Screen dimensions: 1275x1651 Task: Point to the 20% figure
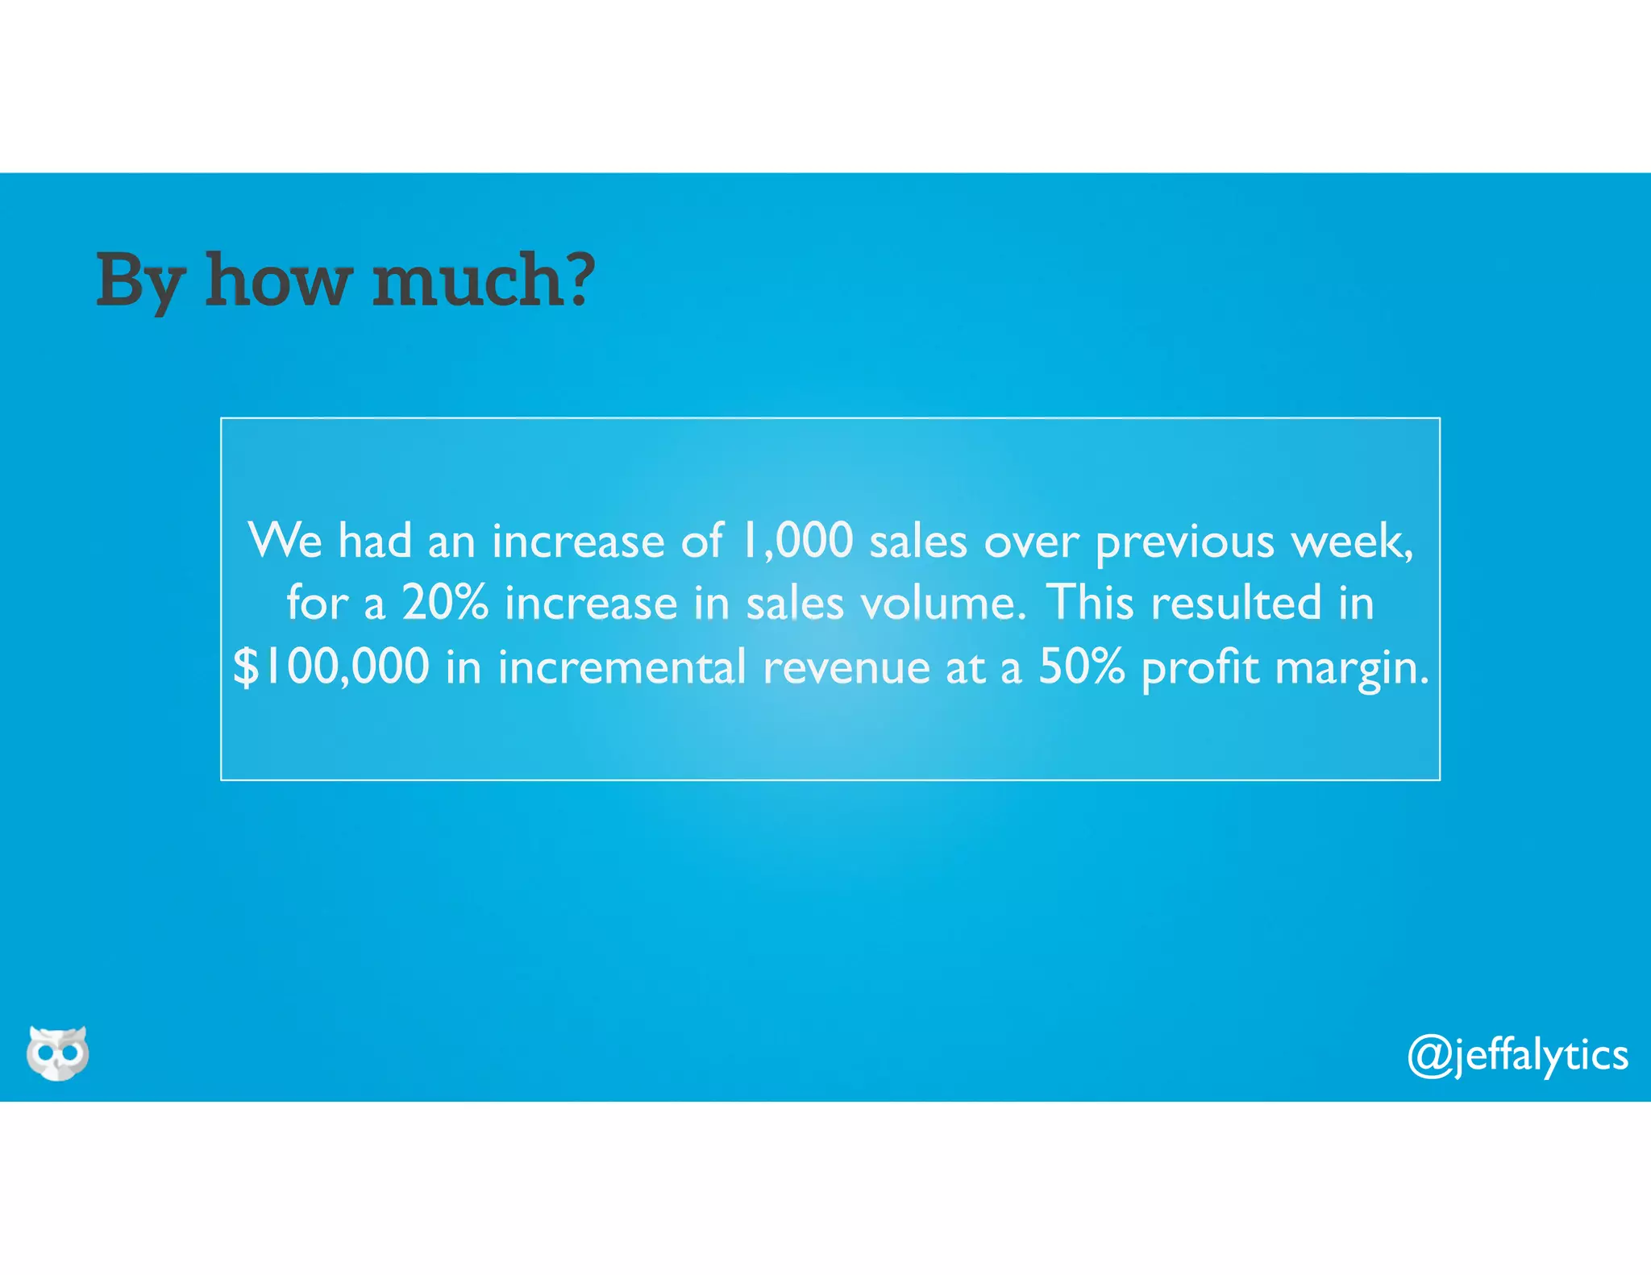click(x=445, y=603)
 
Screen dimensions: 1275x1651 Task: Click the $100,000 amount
click(x=331, y=667)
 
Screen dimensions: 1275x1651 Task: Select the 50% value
click(x=1081, y=667)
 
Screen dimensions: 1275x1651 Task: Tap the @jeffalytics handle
click(x=1517, y=1055)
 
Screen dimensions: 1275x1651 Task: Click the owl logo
click(x=57, y=1053)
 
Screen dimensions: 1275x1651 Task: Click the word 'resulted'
click(x=1236, y=603)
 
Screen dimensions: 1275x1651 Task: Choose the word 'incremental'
click(x=622, y=667)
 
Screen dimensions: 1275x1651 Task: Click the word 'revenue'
click(x=846, y=668)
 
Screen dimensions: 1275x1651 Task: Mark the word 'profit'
click(x=1200, y=668)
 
